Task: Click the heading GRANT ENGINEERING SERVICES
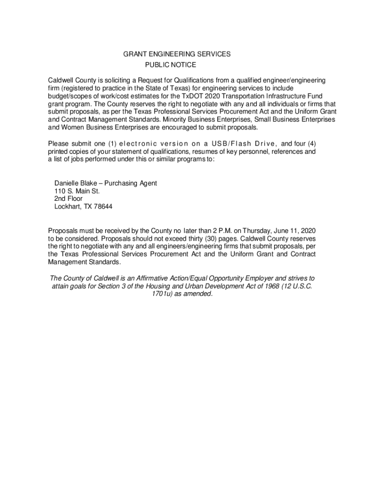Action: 177,54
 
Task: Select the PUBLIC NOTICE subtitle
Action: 171,65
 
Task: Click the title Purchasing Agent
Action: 131,184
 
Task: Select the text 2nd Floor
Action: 68,199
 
